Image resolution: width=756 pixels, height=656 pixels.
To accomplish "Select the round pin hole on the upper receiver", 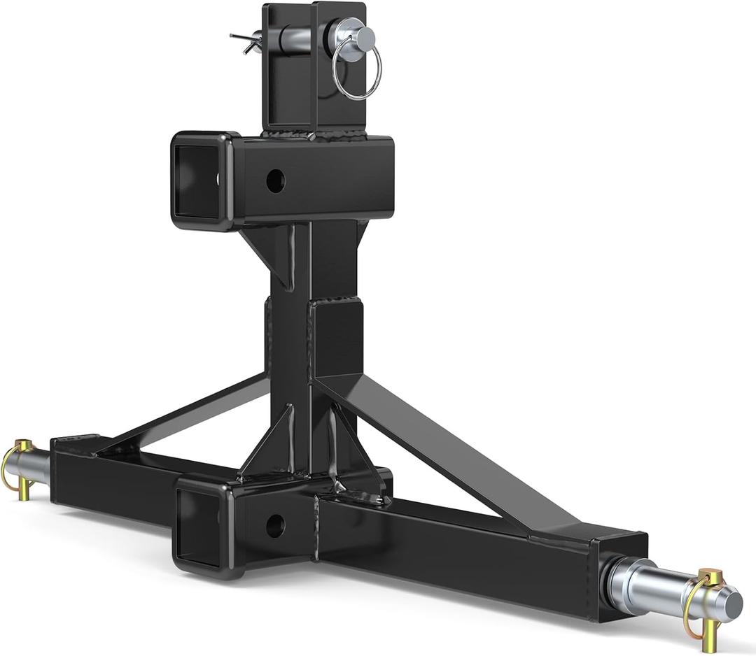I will [276, 180].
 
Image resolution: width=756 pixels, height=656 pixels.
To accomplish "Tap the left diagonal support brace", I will [189, 413].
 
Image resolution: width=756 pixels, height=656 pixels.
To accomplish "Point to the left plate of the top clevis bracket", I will [286, 66].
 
